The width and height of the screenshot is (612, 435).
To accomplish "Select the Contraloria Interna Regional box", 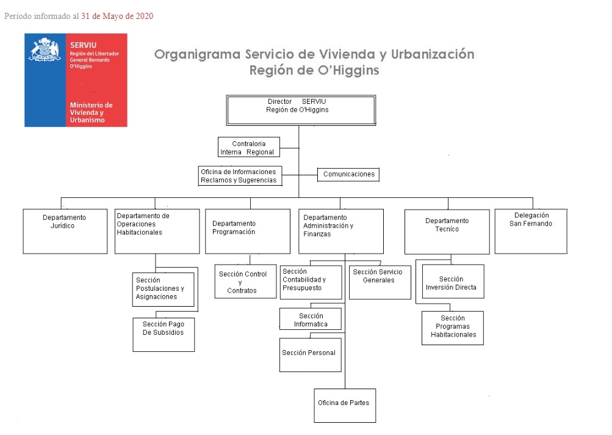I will click(x=248, y=147).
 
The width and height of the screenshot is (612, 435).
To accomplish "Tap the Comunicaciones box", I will click(x=348, y=174).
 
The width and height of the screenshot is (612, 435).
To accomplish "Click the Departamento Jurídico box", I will click(x=65, y=231).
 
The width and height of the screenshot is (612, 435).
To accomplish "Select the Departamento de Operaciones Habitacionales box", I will click(x=157, y=231).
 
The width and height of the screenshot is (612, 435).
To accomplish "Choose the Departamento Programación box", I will click(x=247, y=231).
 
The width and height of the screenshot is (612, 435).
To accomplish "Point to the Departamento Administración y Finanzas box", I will click(x=340, y=231).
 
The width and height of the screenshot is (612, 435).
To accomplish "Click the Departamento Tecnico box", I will click(x=447, y=232).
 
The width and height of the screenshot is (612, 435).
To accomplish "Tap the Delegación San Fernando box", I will click(x=531, y=231).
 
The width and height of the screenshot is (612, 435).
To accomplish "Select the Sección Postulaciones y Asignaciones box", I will click(x=164, y=289).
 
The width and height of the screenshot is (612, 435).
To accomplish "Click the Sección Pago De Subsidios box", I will click(x=164, y=334).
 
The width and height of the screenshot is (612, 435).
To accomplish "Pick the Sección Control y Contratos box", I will click(x=245, y=282).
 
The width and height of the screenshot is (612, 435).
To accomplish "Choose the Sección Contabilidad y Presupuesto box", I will click(x=311, y=282).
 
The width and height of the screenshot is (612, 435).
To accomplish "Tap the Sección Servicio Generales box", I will click(x=380, y=282).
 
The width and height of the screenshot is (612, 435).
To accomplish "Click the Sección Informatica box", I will click(x=310, y=319).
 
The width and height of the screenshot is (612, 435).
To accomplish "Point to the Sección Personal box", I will click(x=310, y=354).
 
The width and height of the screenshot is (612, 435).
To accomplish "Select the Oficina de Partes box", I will click(x=345, y=405).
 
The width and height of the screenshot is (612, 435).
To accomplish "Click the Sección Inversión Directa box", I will click(x=453, y=282).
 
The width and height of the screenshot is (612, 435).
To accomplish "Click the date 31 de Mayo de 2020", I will click(x=117, y=16).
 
